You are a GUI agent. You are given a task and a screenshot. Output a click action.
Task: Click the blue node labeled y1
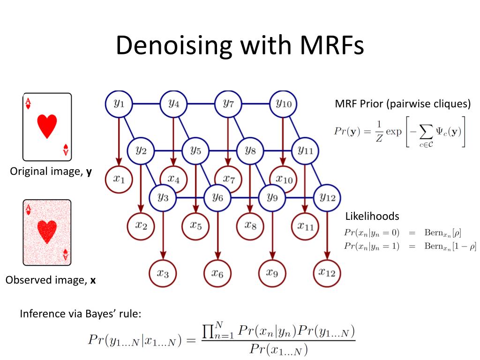coord(119,104)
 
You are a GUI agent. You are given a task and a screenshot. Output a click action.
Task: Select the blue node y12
coord(327,198)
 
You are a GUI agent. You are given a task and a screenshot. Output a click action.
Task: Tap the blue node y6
coord(217,198)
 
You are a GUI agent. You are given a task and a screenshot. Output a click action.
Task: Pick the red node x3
coord(163,273)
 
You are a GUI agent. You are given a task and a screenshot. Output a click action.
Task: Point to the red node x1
coord(119,179)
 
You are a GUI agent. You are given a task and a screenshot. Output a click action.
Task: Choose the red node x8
coord(250,226)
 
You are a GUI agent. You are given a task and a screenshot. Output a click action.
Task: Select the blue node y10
coord(283,104)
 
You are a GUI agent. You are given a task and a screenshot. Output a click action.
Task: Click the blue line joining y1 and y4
coord(146,104)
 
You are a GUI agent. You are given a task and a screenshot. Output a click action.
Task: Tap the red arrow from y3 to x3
coord(163,235)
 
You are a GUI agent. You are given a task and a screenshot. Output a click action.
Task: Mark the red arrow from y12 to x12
coord(327,235)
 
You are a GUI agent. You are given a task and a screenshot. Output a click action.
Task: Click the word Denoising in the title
coord(173,45)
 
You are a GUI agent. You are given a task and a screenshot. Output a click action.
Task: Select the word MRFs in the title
coord(332,45)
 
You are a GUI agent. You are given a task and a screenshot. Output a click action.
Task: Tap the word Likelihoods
coord(372,216)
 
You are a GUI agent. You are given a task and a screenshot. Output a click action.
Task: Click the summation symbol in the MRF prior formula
coord(426,132)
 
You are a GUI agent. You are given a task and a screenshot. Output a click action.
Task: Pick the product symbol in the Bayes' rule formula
coord(208,331)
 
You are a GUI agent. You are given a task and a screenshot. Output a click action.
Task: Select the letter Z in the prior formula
coord(379,139)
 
